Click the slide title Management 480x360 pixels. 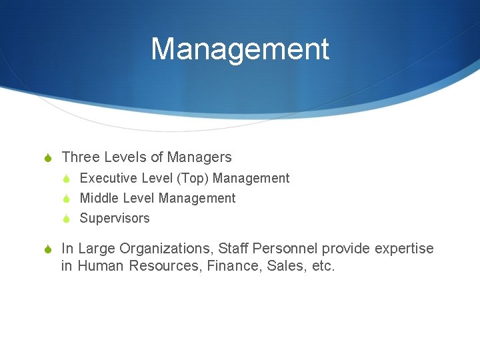tap(240, 50)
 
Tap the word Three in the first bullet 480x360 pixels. tap(80, 157)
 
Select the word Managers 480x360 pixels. tap(199, 157)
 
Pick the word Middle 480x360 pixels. tap(97, 198)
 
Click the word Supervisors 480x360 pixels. tap(115, 218)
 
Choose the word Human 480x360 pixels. tap(101, 267)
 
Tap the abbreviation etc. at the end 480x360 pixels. tap(321, 267)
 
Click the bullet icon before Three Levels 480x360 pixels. tap(49, 158)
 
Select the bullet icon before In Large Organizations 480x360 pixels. tap(49, 249)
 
